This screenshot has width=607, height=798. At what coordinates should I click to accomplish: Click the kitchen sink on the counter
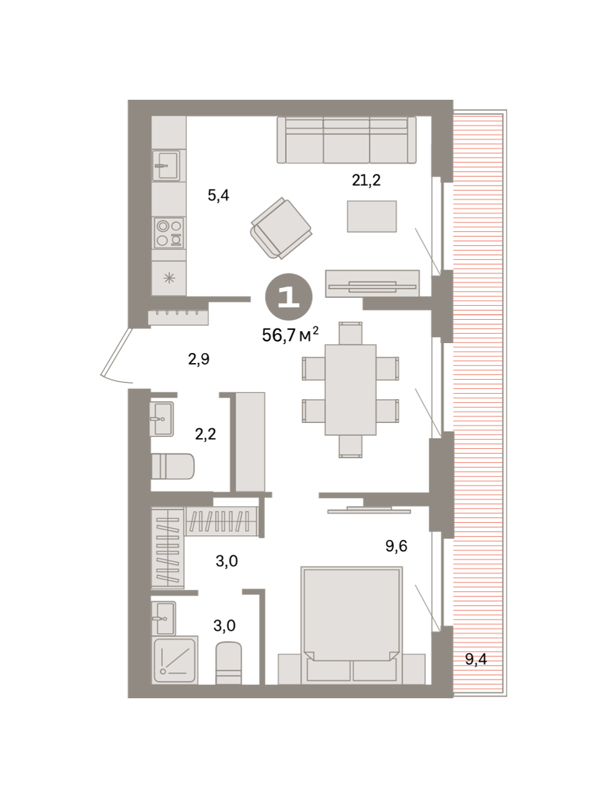pyautogui.click(x=166, y=166)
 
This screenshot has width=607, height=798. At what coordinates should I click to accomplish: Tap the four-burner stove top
pyautogui.click(x=169, y=233)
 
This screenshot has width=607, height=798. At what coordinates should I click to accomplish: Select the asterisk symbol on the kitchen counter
pyautogui.click(x=169, y=279)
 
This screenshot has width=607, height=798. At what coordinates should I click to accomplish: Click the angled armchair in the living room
pyautogui.click(x=281, y=228)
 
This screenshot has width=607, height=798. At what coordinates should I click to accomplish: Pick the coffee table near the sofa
pyautogui.click(x=371, y=216)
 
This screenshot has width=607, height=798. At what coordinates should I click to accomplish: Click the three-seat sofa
pyautogui.click(x=347, y=140)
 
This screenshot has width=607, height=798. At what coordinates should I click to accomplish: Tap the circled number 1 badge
pyautogui.click(x=289, y=297)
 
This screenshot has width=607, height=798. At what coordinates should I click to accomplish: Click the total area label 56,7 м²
pyautogui.click(x=290, y=334)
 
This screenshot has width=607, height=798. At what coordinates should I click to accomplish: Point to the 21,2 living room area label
pyautogui.click(x=366, y=180)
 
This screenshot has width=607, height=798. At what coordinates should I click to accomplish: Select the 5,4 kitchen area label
pyautogui.click(x=218, y=196)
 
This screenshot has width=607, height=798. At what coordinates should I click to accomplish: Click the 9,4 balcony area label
pyautogui.click(x=476, y=659)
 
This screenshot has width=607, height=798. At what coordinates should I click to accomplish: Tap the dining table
pyautogui.click(x=351, y=390)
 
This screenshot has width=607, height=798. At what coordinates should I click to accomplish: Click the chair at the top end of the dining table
pyautogui.click(x=351, y=333)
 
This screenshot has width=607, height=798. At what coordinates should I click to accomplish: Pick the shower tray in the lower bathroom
pyautogui.click(x=175, y=660)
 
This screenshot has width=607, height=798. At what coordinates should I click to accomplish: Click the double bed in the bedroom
pyautogui.click(x=351, y=625)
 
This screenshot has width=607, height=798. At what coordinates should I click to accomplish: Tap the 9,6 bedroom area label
pyautogui.click(x=397, y=546)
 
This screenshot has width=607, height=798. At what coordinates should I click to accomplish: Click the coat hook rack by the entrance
pyautogui.click(x=178, y=317)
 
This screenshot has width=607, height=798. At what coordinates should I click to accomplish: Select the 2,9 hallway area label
pyautogui.click(x=199, y=359)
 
